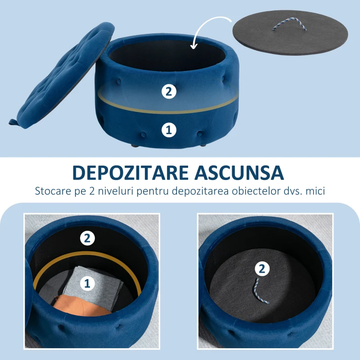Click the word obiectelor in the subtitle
coord(257,191)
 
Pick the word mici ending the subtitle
coord(315,191)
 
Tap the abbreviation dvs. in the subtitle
coord(294,191)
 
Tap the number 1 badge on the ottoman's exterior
coord(169,130)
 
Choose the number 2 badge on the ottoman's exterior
coord(169,92)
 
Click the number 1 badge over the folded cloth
coord(87,283)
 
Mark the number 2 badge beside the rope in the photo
coord(262,269)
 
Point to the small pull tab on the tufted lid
coord(13,122)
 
